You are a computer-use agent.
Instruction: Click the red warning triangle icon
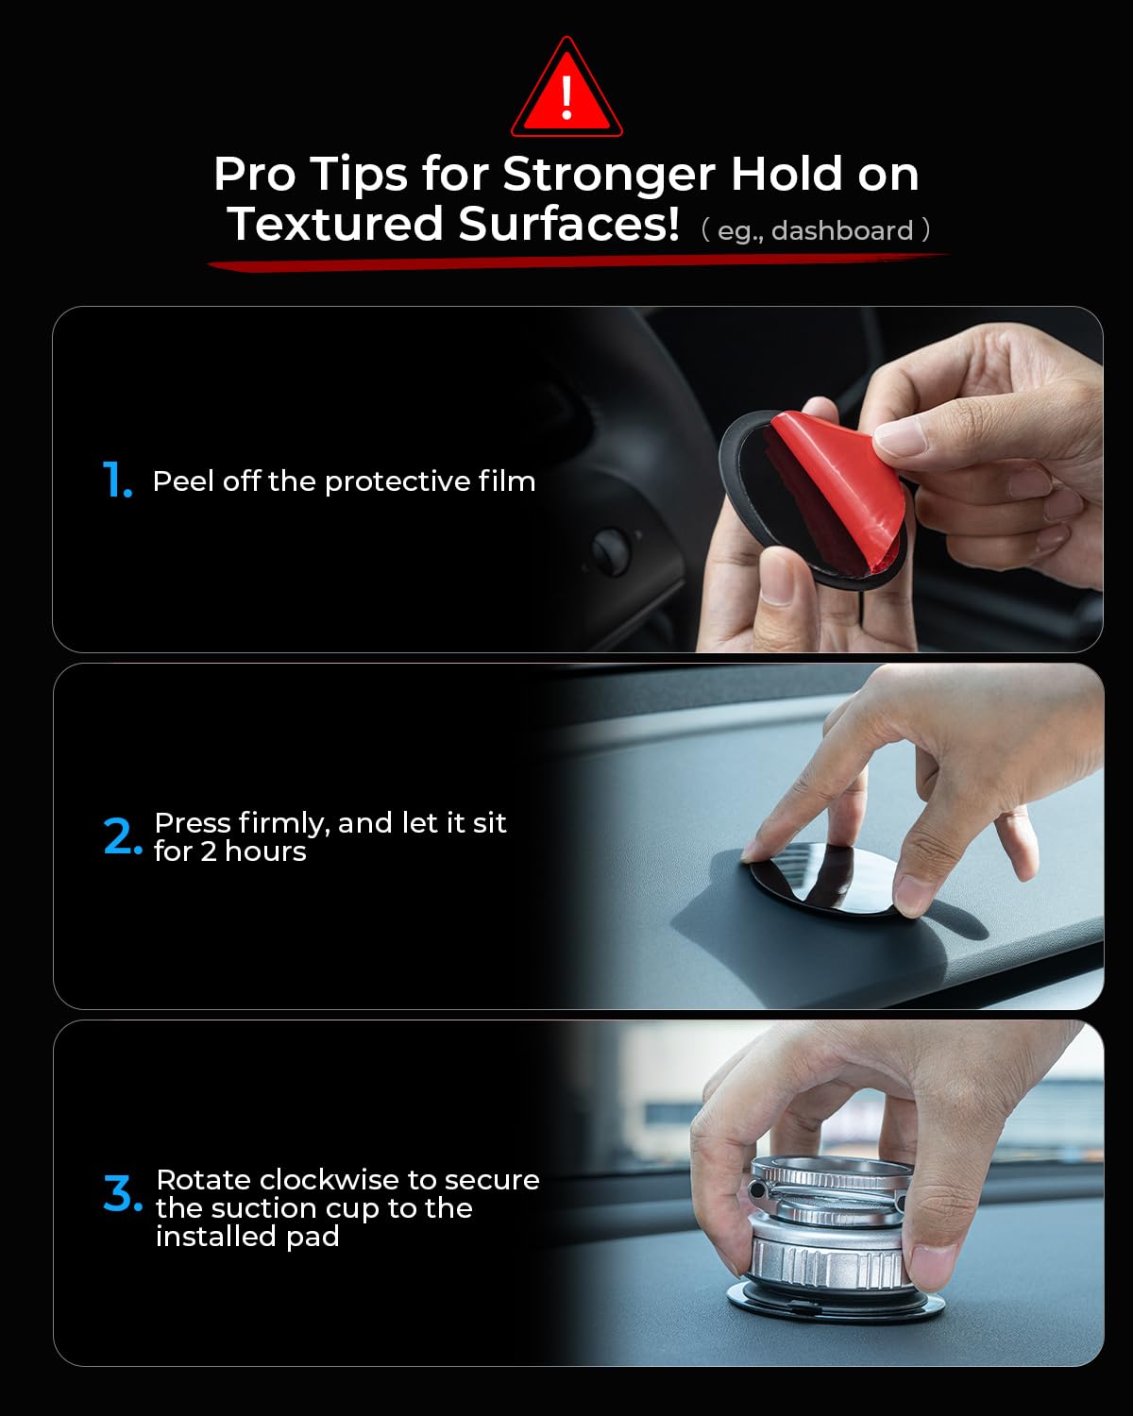(566, 89)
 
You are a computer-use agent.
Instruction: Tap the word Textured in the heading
(335, 224)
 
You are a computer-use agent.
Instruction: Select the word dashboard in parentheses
(842, 230)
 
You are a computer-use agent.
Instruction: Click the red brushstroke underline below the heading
(578, 261)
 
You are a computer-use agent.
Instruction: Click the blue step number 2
(123, 836)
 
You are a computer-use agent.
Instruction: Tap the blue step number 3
(123, 1193)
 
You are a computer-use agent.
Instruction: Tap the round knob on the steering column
(611, 551)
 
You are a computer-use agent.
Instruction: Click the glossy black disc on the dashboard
(823, 877)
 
